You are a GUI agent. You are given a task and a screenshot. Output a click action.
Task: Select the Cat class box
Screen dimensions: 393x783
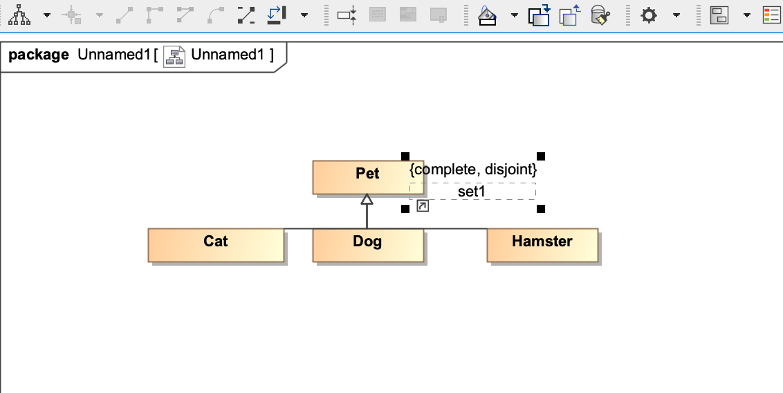[216, 245]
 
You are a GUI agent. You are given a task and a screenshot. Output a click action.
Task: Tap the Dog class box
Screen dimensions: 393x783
[367, 245]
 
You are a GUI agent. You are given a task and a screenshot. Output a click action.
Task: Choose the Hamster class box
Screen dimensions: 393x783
[542, 245]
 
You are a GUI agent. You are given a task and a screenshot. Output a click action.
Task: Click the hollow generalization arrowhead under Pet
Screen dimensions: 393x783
[367, 199]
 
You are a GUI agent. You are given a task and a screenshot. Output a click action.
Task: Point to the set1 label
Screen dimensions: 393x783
[472, 192]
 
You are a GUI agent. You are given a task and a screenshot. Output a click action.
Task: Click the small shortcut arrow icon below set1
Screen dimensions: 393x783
[423, 206]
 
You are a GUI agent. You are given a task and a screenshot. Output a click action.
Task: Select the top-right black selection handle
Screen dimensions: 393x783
[541, 156]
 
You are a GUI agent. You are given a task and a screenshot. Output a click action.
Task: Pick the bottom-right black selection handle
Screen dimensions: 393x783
[541, 209]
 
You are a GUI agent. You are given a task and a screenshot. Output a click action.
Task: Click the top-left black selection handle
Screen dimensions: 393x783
[405, 156]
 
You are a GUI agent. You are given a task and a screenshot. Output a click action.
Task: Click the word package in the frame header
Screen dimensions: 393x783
[39, 55]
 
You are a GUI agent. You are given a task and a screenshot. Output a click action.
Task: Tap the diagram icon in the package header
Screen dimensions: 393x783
[174, 56]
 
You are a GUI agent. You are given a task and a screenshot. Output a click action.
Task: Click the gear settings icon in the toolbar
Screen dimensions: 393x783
[649, 15]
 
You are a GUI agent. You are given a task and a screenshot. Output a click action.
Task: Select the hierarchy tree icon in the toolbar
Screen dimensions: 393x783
[19, 15]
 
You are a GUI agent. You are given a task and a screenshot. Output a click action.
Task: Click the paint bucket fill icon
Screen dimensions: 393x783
[488, 15]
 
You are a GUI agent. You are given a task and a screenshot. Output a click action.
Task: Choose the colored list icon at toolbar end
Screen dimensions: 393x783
[771, 15]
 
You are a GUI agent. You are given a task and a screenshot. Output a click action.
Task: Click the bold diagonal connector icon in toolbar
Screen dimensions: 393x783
[246, 15]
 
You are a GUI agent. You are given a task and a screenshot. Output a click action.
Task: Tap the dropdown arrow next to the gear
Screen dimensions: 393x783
[676, 15]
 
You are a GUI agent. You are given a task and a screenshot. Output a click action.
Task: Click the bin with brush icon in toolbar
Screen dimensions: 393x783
[600, 15]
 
